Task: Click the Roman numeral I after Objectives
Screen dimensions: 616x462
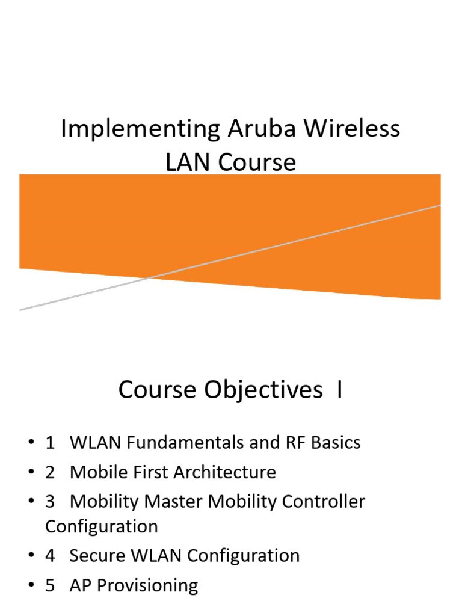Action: [340, 390]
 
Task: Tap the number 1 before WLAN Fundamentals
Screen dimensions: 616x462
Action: [50, 443]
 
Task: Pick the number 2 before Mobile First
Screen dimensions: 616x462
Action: [50, 472]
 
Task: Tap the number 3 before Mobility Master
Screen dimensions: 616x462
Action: [50, 502]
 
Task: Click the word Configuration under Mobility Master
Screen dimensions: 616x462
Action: [101, 526]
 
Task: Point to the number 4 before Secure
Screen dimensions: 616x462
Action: [50, 555]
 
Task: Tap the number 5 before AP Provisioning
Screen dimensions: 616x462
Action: [50, 585]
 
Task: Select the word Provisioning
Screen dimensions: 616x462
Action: [147, 585]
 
